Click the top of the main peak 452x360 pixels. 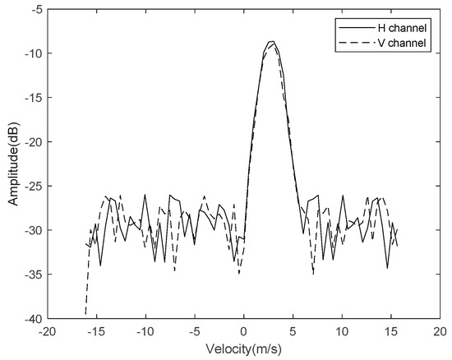271,41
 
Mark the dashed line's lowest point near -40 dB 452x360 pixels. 86,313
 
